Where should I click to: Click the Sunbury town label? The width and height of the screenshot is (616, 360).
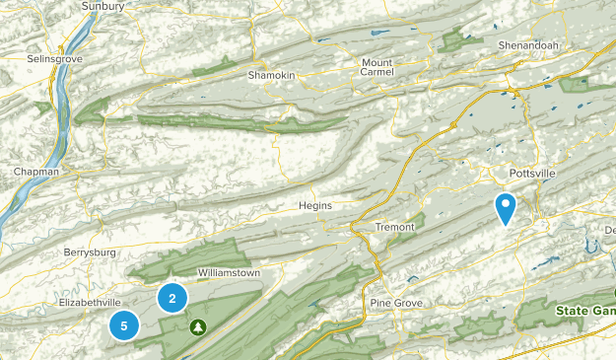103,6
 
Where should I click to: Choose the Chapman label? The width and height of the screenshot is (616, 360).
35,172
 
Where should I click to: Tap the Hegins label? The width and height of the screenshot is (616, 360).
315,205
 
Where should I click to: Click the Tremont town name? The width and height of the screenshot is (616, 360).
395,228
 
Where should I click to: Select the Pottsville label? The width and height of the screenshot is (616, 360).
532,174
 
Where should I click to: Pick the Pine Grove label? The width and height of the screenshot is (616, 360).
395,302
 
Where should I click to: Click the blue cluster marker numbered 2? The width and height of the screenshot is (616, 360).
172,298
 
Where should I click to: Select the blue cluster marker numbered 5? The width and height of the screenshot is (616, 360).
124,324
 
